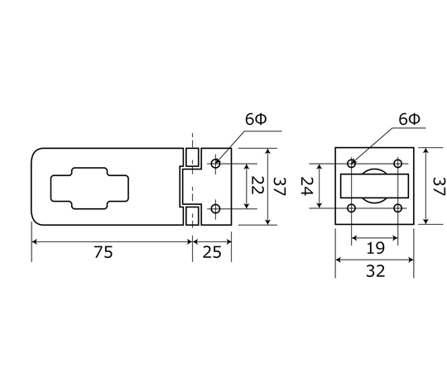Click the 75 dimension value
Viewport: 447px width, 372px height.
point(103,252)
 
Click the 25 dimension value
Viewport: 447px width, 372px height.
point(212,252)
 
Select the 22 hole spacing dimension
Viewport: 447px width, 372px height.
point(257,185)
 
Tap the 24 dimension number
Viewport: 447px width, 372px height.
point(307,186)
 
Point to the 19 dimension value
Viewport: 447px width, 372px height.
point(375,248)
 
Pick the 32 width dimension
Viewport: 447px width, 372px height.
point(376,271)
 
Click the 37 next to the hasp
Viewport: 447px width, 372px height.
point(279,187)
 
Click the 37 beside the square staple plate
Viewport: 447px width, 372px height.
point(439,187)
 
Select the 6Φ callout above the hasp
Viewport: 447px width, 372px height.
point(256,119)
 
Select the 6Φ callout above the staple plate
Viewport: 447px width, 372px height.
point(410,119)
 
